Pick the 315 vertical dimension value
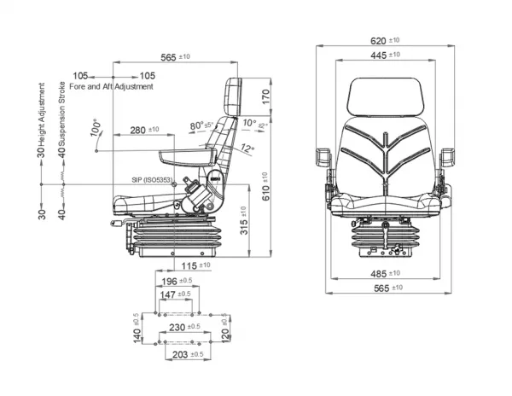pyautogui.click(x=244, y=224)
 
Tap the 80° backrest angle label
pyautogui.click(x=200, y=125)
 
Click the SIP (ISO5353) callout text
pyautogui.click(x=152, y=180)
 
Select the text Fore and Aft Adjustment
pyautogui.click(x=112, y=87)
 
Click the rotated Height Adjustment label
pyautogui.click(x=41, y=119)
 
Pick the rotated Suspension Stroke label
pyautogui.click(x=61, y=120)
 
